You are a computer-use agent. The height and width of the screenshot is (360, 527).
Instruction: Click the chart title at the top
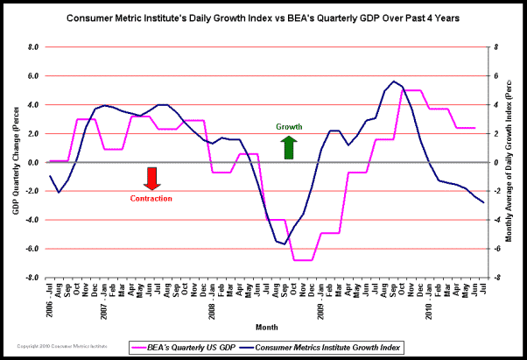tap(263, 18)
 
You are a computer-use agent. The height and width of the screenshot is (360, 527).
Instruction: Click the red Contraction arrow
tap(151, 178)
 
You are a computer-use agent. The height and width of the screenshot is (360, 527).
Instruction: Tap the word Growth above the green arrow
tap(290, 127)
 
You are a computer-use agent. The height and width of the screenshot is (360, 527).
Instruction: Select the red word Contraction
tap(151, 199)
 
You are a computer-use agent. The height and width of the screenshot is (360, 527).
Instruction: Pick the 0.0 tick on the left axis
tap(33, 162)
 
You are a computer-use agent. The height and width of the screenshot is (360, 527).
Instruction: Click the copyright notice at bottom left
tap(56, 348)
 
